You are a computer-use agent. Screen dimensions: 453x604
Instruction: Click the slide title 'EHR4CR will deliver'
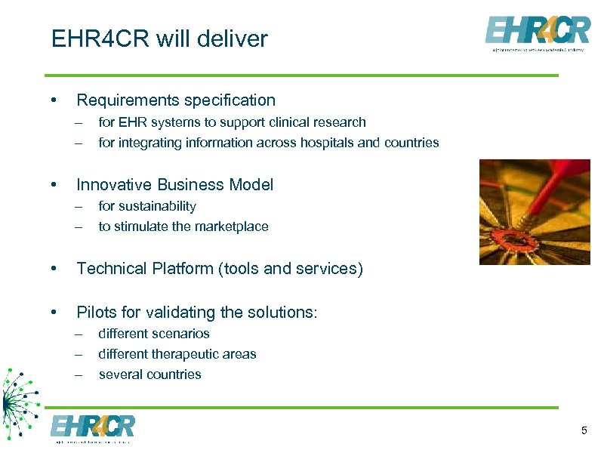coord(159,39)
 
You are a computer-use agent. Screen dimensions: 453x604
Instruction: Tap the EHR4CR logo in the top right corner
coord(537,33)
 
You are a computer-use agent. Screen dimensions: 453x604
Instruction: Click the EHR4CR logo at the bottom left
coord(92,428)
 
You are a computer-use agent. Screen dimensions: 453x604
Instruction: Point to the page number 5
coord(584,430)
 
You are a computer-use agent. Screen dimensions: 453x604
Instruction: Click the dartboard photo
coord(535,211)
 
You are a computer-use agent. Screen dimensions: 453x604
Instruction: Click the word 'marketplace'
coord(229,226)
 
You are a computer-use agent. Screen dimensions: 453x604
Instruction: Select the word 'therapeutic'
coord(188,354)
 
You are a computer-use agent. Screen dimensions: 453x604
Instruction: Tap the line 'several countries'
coord(149,374)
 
